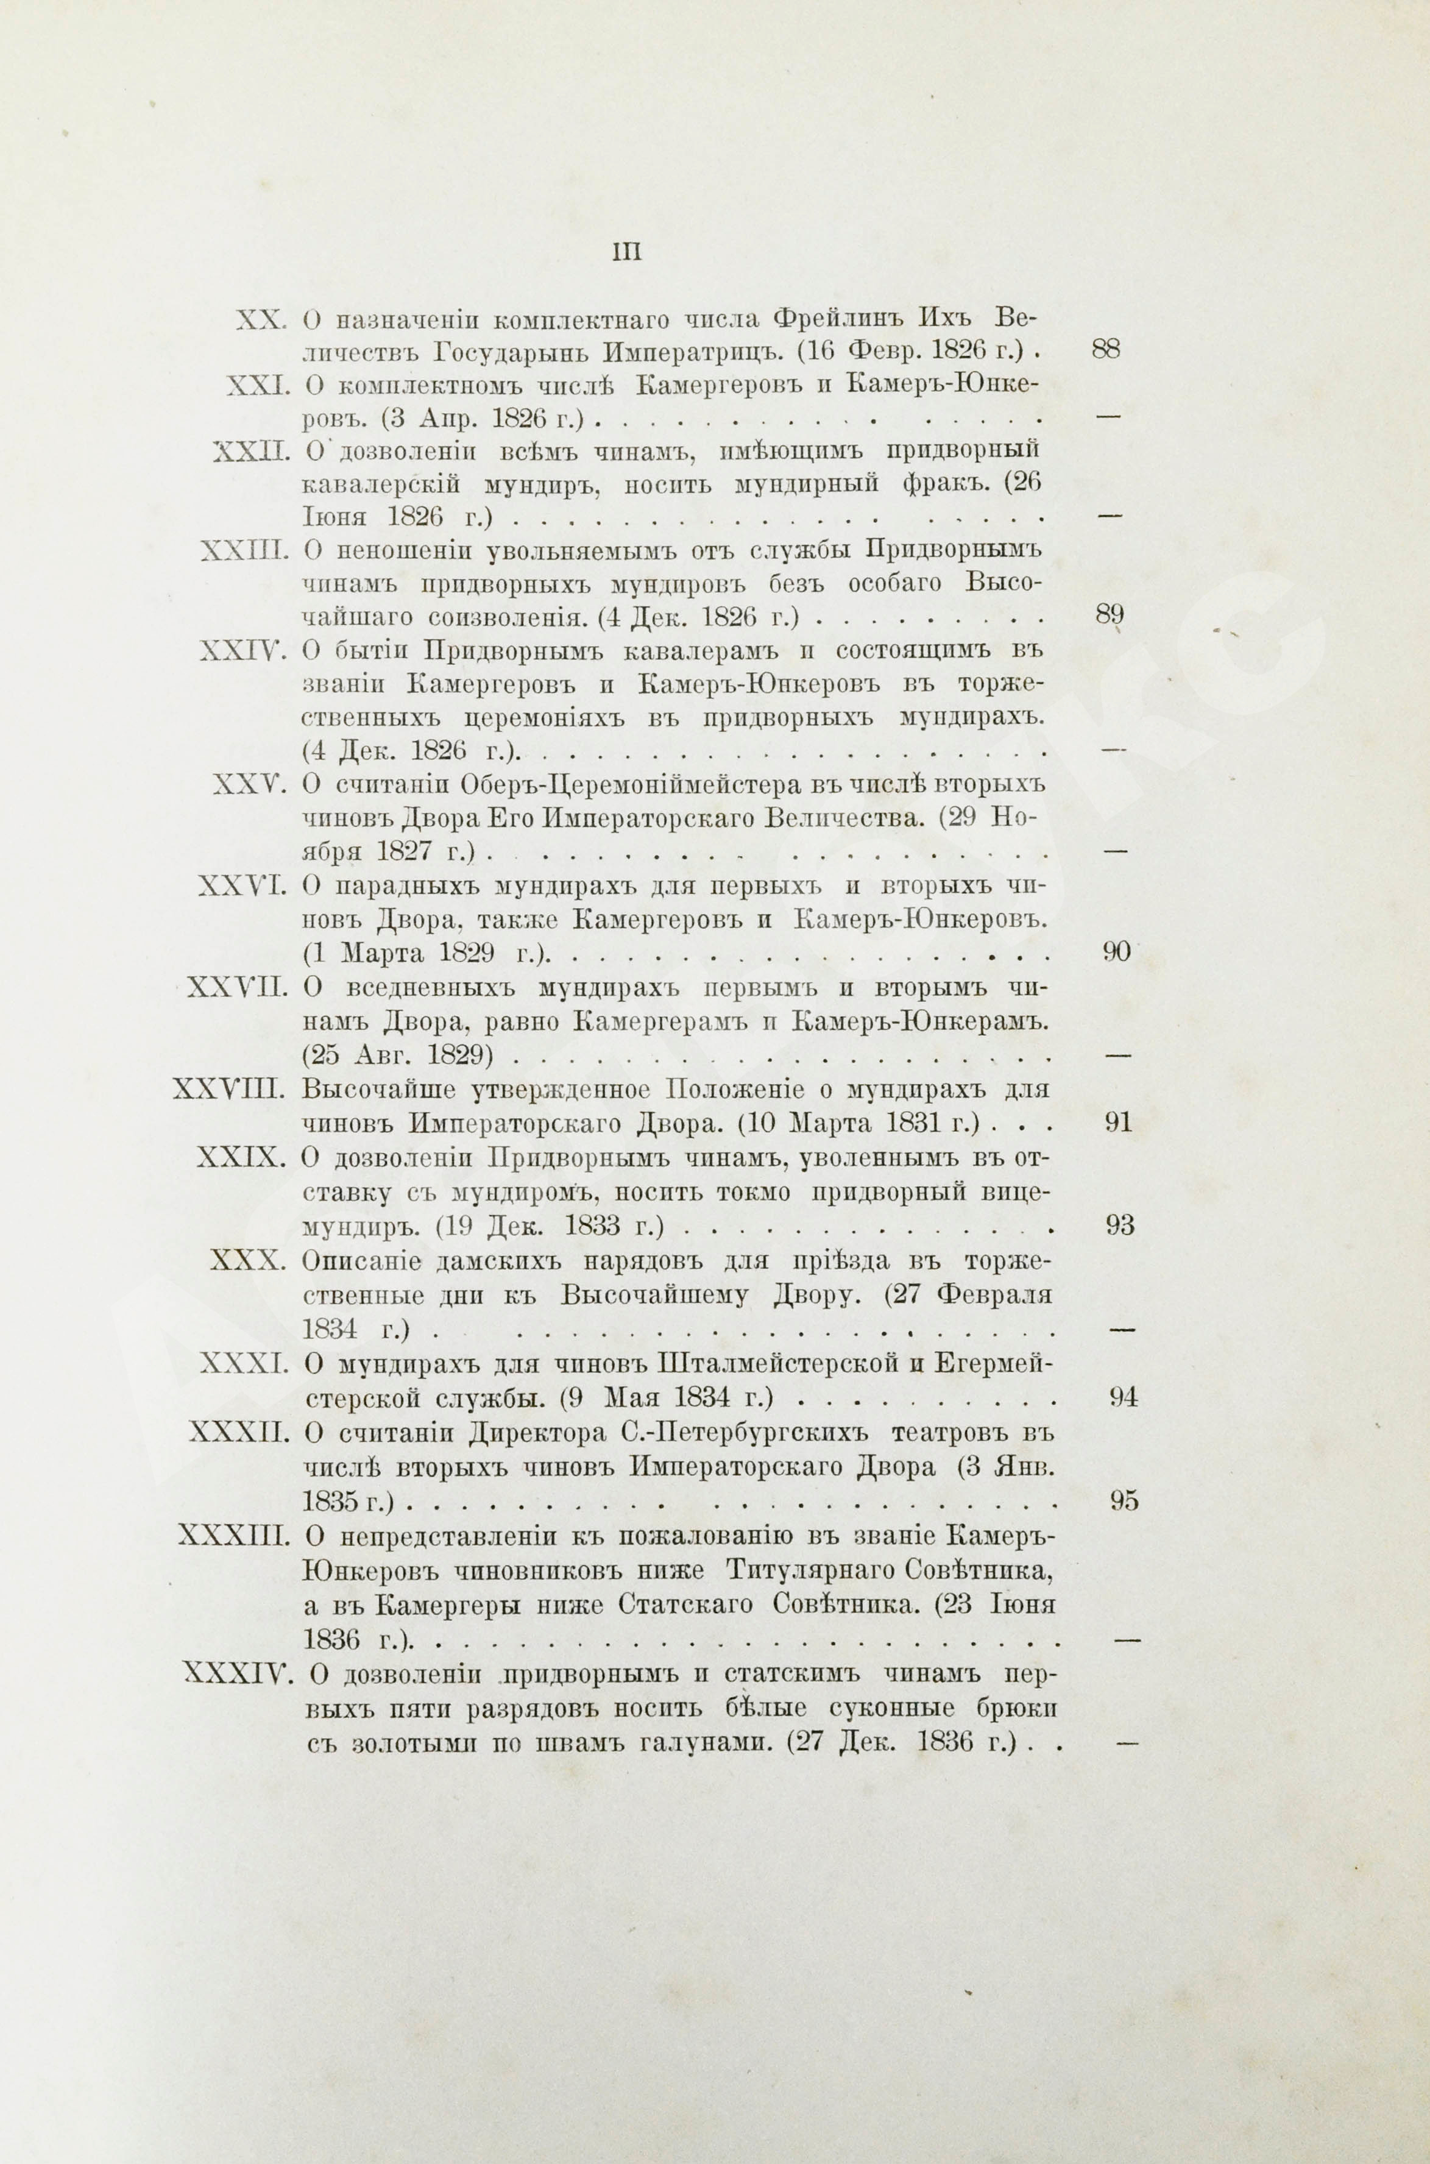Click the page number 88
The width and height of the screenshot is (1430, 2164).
tap(1105, 350)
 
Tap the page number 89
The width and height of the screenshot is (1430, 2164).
tap(1108, 615)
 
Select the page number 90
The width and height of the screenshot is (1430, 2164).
tap(1116, 952)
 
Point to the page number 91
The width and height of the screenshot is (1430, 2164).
tap(1117, 1123)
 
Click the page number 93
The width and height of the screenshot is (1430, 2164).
tap(1119, 1226)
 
